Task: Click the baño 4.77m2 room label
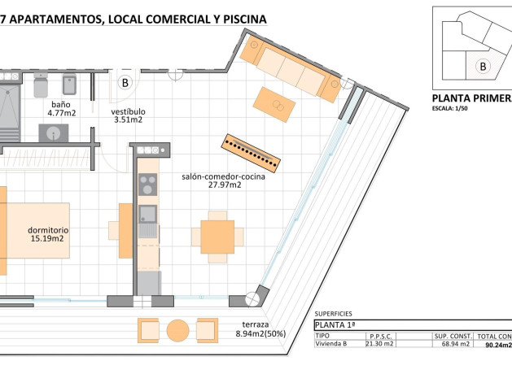pyautogui.click(x=60, y=109)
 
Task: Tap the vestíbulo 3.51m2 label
pyautogui.click(x=128, y=115)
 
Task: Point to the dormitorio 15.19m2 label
pyautogui.click(x=48, y=235)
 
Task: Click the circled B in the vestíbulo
pyautogui.click(x=126, y=82)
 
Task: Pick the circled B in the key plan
pyautogui.click(x=483, y=66)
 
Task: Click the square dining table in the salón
pyautogui.click(x=217, y=237)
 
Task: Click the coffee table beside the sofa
pyautogui.click(x=274, y=103)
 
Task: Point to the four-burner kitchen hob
pyautogui.click(x=148, y=185)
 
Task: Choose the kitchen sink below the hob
pyautogui.click(x=147, y=215)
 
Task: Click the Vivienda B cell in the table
pyautogui.click(x=333, y=344)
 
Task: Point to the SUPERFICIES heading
pyautogui.click(x=333, y=313)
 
